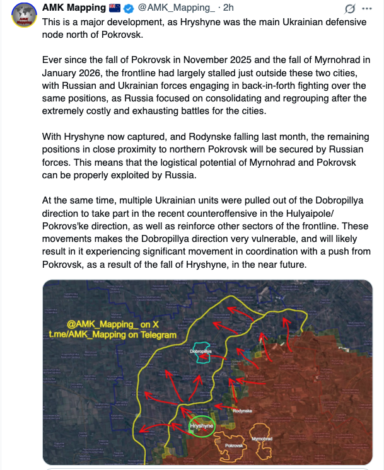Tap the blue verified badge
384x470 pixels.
[x=128, y=8]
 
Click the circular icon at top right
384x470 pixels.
[x=349, y=9]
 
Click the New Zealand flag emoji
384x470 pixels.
[x=115, y=8]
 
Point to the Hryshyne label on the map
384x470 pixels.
[x=202, y=427]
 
